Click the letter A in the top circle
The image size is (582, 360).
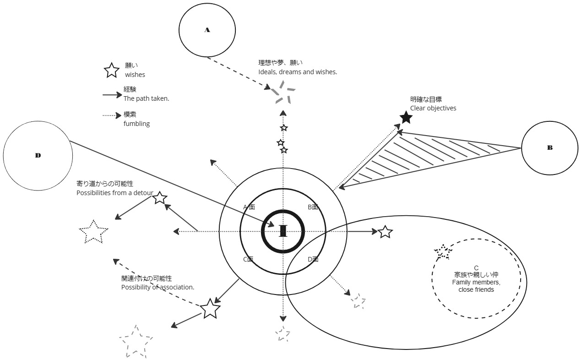pyautogui.click(x=207, y=30)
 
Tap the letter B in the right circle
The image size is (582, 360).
pyautogui.click(x=550, y=147)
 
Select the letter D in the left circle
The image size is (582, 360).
pyautogui.click(x=38, y=155)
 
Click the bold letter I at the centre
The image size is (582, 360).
pyautogui.click(x=283, y=231)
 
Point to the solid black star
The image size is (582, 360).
pyautogui.click(x=406, y=117)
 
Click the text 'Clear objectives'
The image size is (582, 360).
pyautogui.click(x=433, y=108)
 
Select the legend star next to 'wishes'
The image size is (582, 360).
pyautogui.click(x=111, y=71)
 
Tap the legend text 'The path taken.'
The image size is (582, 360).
pyautogui.click(x=146, y=98)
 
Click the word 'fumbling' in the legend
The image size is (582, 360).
pyautogui.click(x=136, y=124)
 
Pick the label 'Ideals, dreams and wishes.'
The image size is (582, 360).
pyautogui.click(x=298, y=72)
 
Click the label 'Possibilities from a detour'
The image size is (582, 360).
pyautogui.click(x=115, y=193)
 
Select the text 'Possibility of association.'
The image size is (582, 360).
pyautogui.click(x=158, y=287)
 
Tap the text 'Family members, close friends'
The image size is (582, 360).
pyautogui.click(x=476, y=286)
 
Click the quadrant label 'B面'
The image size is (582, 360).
pyautogui.click(x=313, y=207)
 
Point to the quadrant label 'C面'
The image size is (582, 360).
pyautogui.click(x=248, y=259)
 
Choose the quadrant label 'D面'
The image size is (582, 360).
pyautogui.click(x=313, y=259)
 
